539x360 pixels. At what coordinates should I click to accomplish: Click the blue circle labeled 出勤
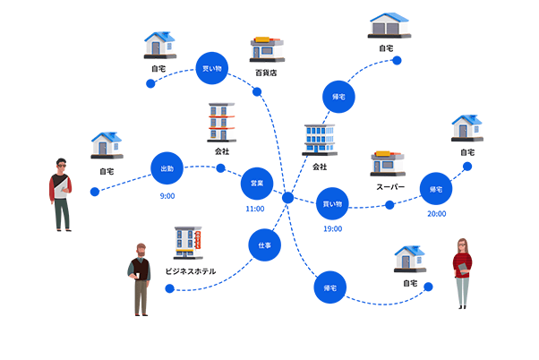tap(167, 168)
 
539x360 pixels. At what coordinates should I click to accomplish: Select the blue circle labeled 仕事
tap(264, 244)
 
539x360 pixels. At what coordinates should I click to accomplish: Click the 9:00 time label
tap(167, 195)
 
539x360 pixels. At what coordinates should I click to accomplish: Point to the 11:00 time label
tap(255, 209)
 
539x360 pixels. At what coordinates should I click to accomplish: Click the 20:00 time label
tap(437, 214)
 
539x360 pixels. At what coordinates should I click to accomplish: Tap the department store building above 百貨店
tap(266, 48)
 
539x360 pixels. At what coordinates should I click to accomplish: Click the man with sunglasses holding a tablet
tap(61, 193)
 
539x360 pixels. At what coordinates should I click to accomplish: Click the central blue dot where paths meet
tap(287, 197)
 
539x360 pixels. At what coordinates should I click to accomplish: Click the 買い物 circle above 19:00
tap(333, 204)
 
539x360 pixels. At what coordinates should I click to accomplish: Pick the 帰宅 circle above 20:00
tap(437, 189)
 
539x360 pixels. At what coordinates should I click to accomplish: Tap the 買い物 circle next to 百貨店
tap(212, 69)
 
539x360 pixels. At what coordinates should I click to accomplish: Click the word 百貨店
tap(265, 72)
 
